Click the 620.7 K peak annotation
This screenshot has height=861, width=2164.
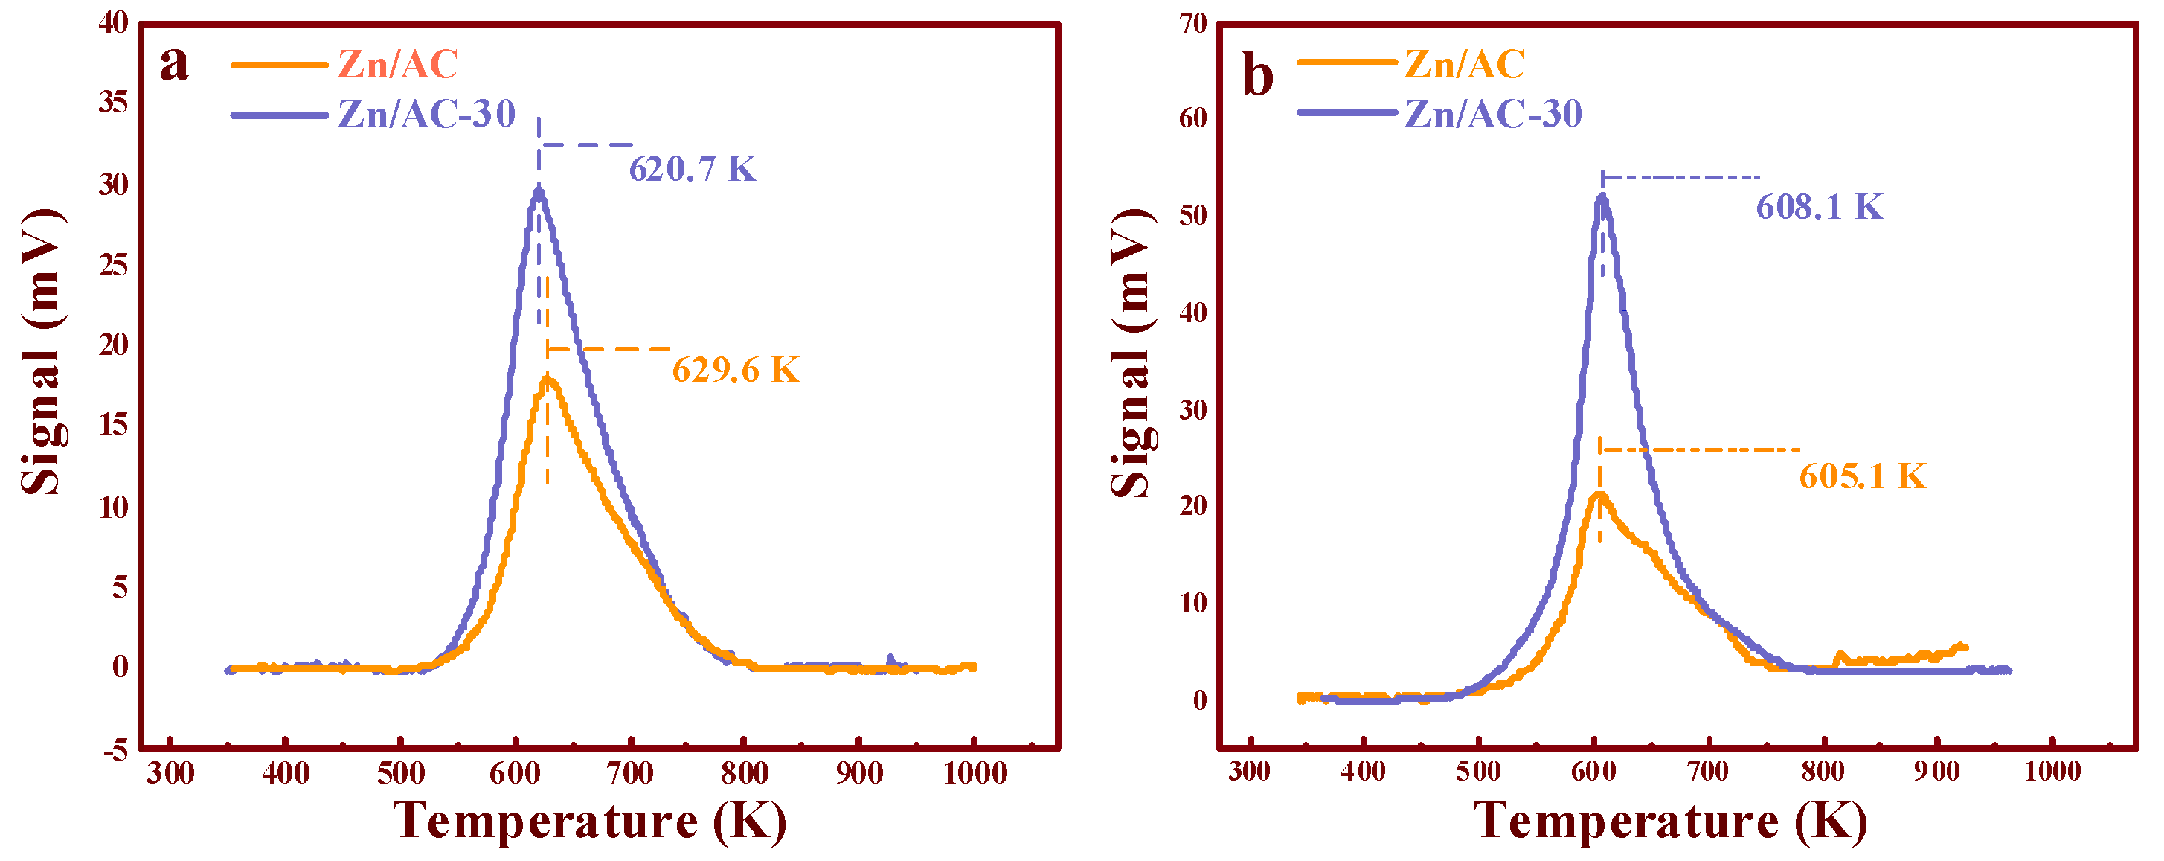tap(693, 170)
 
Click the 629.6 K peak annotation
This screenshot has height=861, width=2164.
tap(735, 371)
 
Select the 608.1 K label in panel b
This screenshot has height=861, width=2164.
tap(1820, 208)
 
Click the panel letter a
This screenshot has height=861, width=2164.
tap(174, 64)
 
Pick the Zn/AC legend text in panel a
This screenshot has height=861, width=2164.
tap(397, 65)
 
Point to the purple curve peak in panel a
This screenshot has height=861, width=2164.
tap(539, 190)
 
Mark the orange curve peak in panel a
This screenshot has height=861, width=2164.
tap(548, 380)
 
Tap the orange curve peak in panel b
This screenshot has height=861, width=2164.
tap(1599, 496)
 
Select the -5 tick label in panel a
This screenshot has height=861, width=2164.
tap(116, 750)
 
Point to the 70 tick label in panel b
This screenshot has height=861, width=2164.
tap(1193, 24)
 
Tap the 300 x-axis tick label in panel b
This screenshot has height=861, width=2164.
tap(1249, 772)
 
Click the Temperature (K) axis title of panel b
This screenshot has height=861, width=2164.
tap(1670, 822)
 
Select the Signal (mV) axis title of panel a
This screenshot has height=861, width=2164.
tap(42, 351)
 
